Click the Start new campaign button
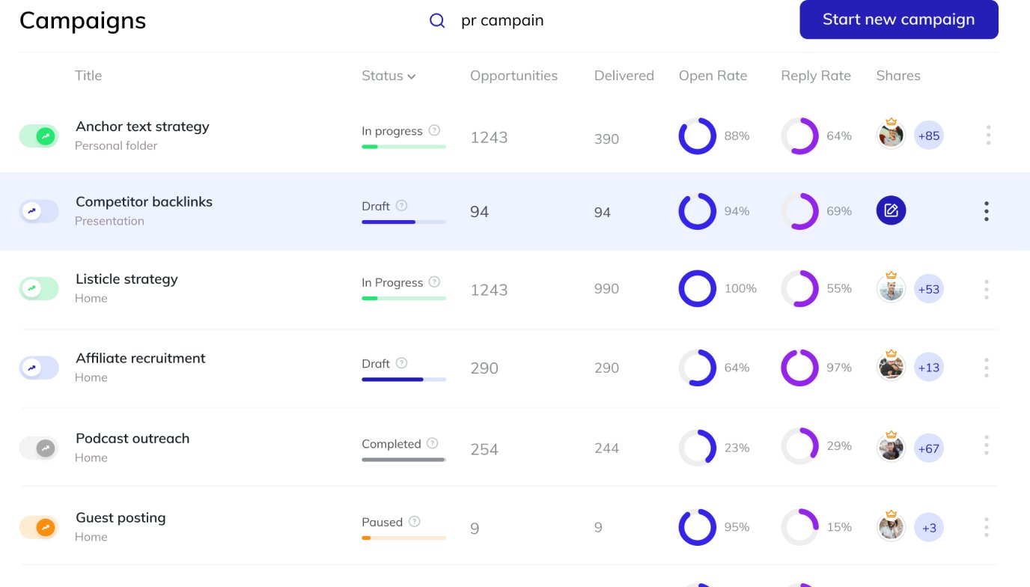coord(898,19)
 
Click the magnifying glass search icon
coord(437,21)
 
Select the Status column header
coord(388,76)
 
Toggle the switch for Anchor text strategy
coord(39,136)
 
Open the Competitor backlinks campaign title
coord(144,202)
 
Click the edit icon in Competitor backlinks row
coord(891,211)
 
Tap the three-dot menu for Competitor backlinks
coord(987,211)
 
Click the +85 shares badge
coord(928,136)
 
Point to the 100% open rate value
coord(740,289)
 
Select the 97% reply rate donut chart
coord(799,368)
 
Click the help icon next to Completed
coord(432,443)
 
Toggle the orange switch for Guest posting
coord(39,527)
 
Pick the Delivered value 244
coord(606,448)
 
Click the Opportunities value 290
coord(484,368)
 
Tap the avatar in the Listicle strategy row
coord(891,289)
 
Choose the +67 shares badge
coord(928,448)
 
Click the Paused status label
coord(382,522)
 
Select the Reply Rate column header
coord(815,76)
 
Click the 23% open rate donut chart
coord(698,448)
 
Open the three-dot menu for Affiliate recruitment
coord(987,368)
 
